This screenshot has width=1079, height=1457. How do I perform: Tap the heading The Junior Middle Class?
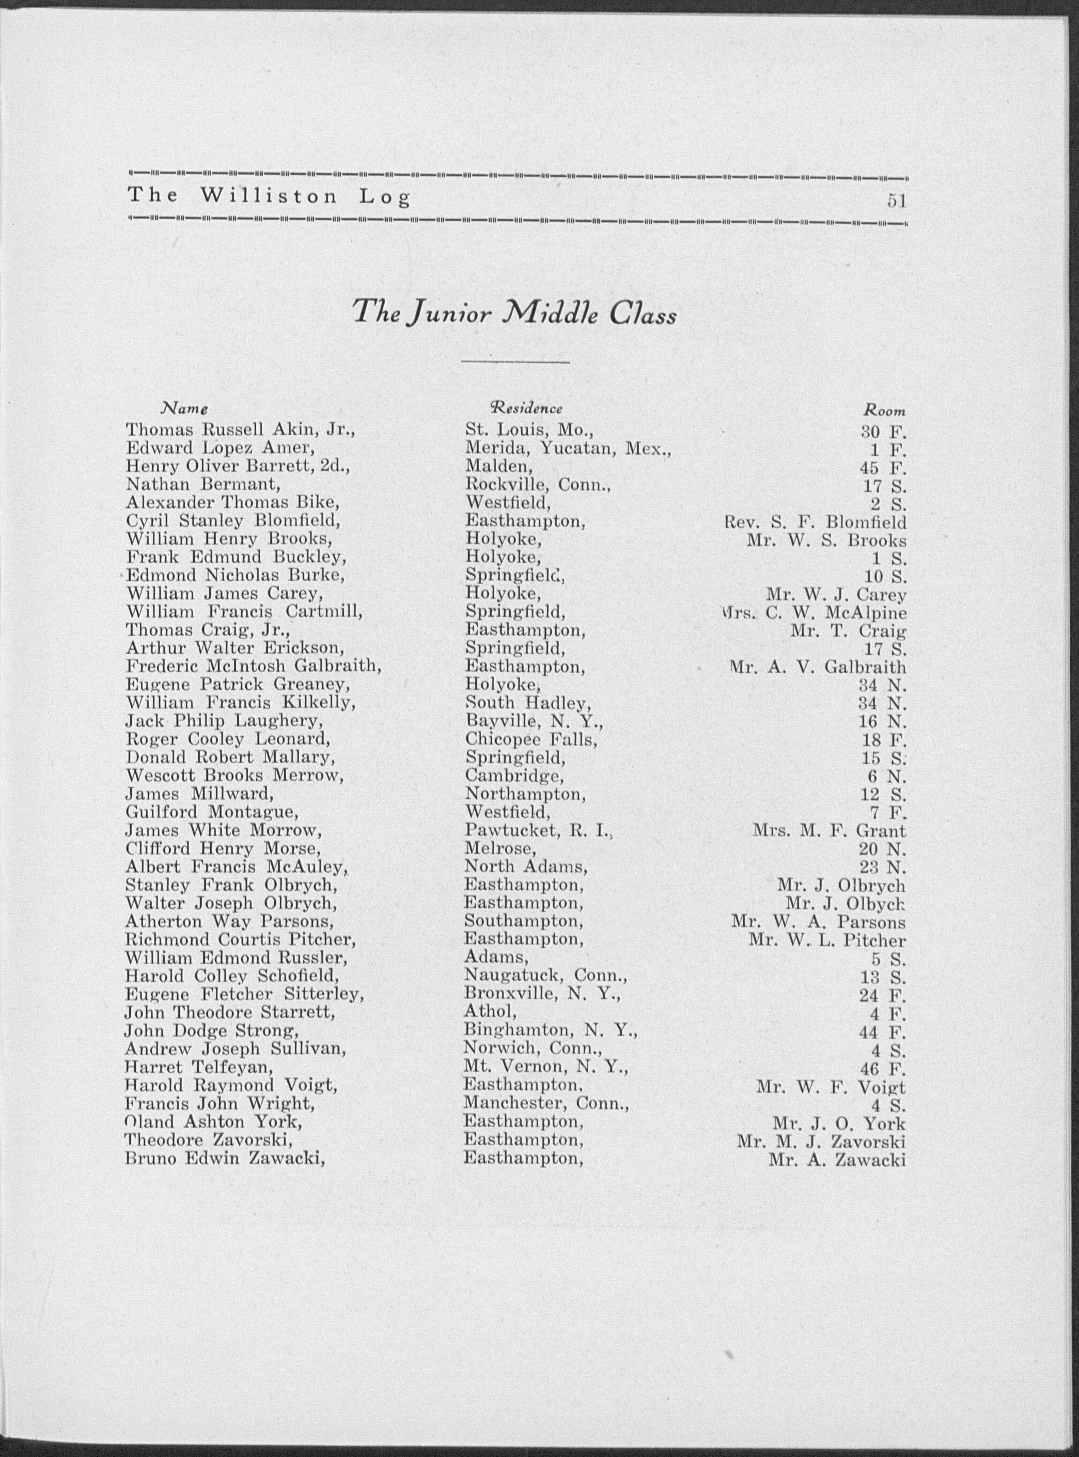pyautogui.click(x=514, y=315)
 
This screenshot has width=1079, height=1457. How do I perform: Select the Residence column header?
pyautogui.click(x=526, y=408)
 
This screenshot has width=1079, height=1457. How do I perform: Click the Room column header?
pyautogui.click(x=884, y=411)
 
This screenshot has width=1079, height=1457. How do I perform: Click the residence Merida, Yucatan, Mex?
pyautogui.click(x=568, y=448)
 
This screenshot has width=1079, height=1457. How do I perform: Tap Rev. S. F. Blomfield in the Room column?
pyautogui.click(x=815, y=523)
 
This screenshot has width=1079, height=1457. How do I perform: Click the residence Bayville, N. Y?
pyautogui.click(x=534, y=722)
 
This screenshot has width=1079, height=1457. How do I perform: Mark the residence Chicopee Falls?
pyautogui.click(x=531, y=740)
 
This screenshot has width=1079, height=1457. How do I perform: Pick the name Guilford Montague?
pyautogui.click(x=212, y=812)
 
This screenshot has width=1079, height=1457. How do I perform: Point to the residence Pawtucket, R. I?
pyautogui.click(x=540, y=830)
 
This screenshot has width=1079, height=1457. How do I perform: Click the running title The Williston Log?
pyautogui.click(x=269, y=197)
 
